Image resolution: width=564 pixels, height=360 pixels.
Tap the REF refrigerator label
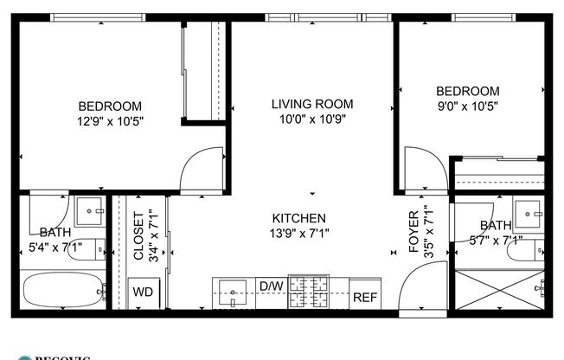pyautogui.click(x=364, y=297)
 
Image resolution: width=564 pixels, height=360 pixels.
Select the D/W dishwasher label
pyautogui.click(x=271, y=286)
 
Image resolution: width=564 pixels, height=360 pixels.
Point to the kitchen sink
pyautogui.click(x=232, y=292)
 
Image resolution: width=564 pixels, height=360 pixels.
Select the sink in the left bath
pyautogui.click(x=89, y=210)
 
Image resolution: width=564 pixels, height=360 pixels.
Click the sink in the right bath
pyautogui.click(x=528, y=211)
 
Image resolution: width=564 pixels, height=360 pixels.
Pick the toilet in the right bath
pyautogui.click(x=526, y=250)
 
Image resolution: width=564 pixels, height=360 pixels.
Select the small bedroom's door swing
pyautogui.click(x=423, y=171)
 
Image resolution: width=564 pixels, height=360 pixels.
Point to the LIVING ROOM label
pyautogui.click(x=312, y=104)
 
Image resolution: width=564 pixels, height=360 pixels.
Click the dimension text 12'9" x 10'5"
pyautogui.click(x=109, y=122)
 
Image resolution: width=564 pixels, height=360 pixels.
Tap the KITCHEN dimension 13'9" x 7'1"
pyautogui.click(x=299, y=232)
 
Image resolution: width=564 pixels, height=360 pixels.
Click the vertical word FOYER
pyautogui.click(x=413, y=231)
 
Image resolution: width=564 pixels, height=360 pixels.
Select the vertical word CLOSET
pyautogui.click(x=138, y=235)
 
